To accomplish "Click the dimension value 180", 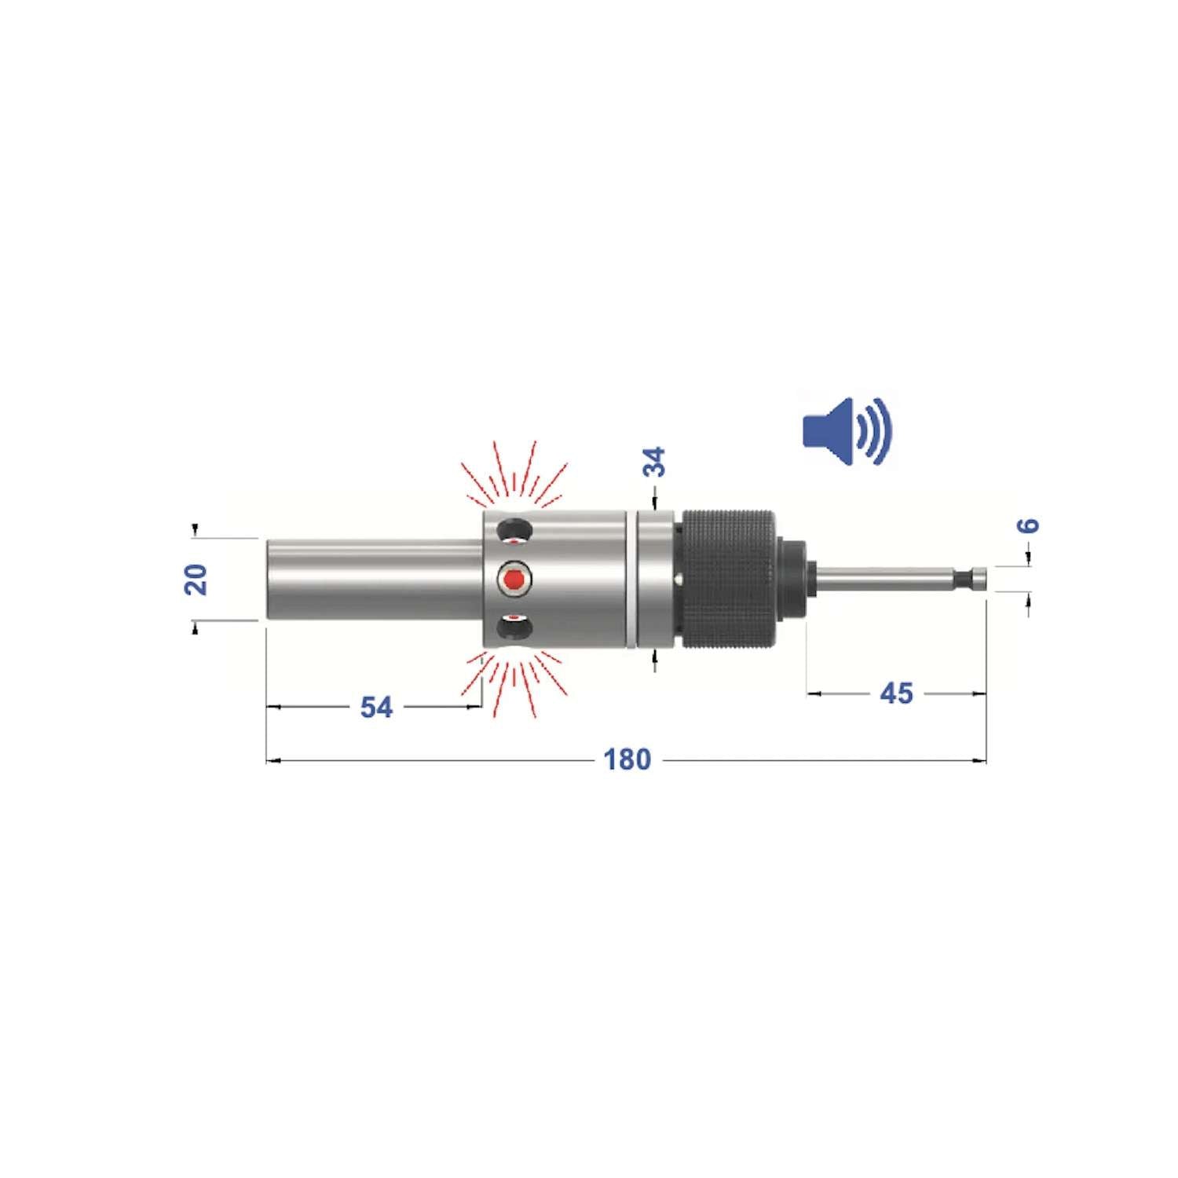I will pos(627,759).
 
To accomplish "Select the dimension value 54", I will pos(376,707).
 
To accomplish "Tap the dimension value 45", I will pos(896,693).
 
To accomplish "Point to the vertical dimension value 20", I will pos(196,579).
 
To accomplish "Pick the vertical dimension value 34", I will pos(653,462).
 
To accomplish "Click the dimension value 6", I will pos(1028,525).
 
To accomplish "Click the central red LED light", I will pos(514,580).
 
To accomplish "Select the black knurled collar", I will pos(727,580).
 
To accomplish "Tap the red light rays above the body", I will pos(514,475).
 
